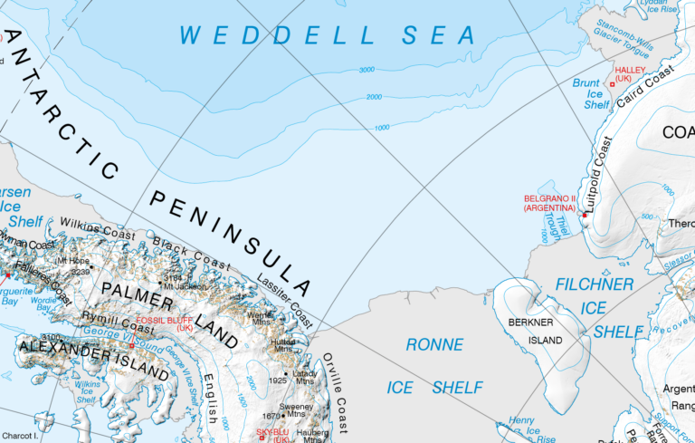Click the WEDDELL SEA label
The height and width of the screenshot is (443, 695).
click(328, 35)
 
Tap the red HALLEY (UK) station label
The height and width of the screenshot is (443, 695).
click(628, 73)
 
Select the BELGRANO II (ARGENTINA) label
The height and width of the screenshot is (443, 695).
click(549, 203)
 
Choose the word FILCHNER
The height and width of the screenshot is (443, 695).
click(594, 284)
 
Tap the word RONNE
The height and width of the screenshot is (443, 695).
click(434, 345)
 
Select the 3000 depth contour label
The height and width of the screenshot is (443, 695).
click(367, 70)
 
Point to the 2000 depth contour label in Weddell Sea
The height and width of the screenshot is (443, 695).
click(374, 97)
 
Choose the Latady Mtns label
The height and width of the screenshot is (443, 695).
click(305, 376)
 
